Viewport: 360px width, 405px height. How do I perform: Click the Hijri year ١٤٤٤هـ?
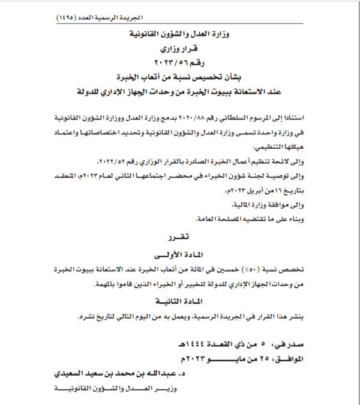(x=193, y=344)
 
